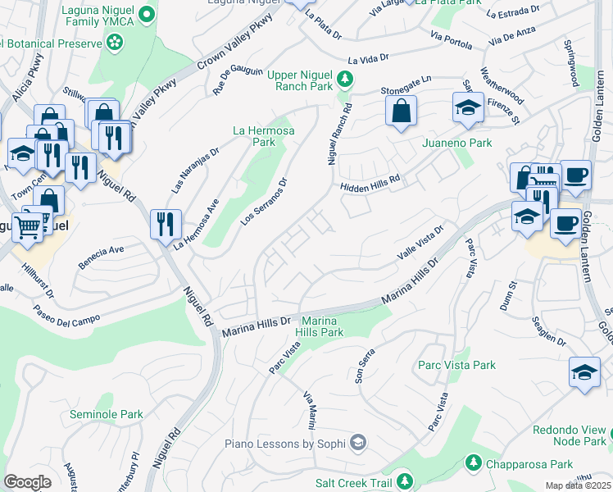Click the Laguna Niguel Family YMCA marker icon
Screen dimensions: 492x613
pos(147,13)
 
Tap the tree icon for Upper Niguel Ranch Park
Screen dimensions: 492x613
pos(346,79)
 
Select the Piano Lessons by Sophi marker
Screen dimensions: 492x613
pos(357,444)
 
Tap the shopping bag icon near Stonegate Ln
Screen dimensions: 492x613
pos(402,112)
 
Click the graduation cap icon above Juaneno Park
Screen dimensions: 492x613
pos(468,107)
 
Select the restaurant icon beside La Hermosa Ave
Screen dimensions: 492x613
pos(166,222)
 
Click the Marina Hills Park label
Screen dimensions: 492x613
pos(322,326)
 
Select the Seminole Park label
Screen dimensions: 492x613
pos(107,415)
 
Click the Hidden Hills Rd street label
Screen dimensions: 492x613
pos(371,184)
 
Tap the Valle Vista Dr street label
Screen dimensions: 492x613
pos(420,244)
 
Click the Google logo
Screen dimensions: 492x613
pos(28,482)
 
